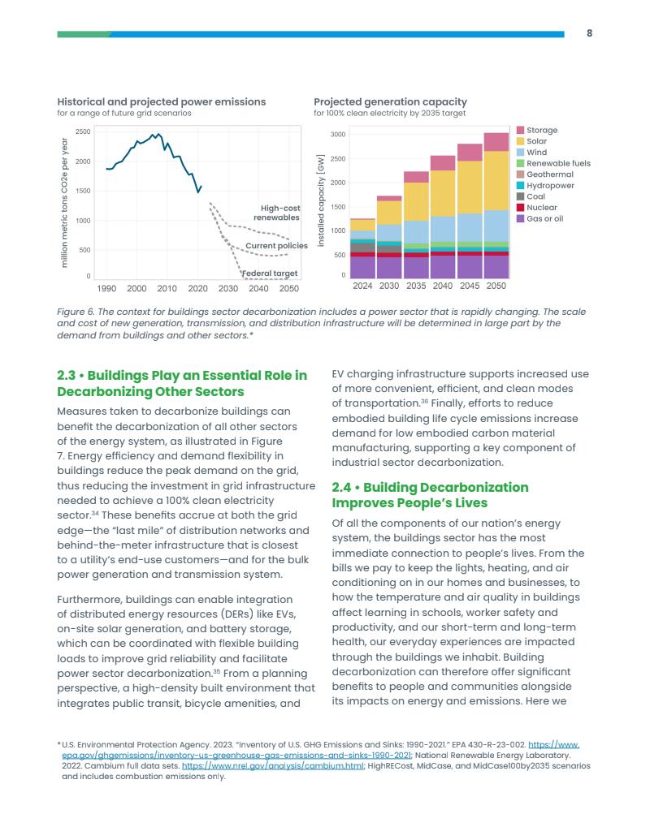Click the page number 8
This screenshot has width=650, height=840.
click(x=589, y=33)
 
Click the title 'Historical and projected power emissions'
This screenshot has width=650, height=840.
click(x=162, y=101)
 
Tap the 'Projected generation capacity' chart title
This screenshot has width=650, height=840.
click(x=390, y=101)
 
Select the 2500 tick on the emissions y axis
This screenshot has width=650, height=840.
click(x=83, y=131)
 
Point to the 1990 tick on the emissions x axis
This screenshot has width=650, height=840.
click(x=106, y=288)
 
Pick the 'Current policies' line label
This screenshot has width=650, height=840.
click(x=276, y=245)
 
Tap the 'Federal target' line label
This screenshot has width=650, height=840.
click(x=271, y=274)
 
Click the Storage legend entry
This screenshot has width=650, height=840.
click(x=541, y=130)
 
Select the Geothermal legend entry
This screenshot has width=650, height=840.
click(x=549, y=174)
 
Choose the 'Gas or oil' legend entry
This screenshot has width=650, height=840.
click(x=544, y=218)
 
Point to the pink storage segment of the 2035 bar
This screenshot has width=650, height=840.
click(x=416, y=177)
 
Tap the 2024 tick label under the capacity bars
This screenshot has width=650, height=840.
click(x=362, y=286)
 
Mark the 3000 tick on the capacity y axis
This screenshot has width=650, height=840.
click(x=338, y=134)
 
